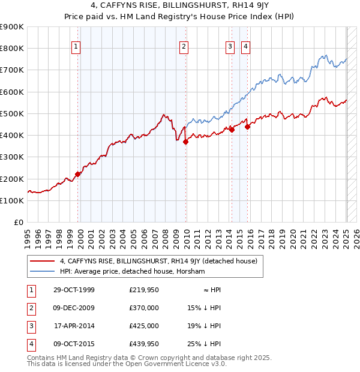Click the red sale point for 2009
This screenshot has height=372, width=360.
[186, 142]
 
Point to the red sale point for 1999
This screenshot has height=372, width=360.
[78, 175]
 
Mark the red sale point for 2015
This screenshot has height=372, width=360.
[248, 127]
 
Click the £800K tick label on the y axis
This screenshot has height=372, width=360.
[12, 49]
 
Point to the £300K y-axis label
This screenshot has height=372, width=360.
[12, 157]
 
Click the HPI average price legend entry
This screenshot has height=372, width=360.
[132, 272]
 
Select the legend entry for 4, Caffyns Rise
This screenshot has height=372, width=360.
[158, 261]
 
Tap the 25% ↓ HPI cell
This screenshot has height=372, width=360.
[204, 344]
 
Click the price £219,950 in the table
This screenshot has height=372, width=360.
[144, 290]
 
